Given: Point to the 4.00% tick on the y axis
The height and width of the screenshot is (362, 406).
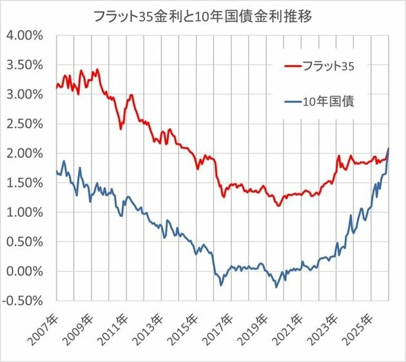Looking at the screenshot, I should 24,35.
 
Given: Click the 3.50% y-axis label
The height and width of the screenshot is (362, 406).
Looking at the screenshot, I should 24,64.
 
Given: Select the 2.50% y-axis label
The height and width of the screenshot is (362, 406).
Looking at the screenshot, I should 24,124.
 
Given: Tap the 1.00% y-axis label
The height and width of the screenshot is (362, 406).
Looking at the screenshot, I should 24,212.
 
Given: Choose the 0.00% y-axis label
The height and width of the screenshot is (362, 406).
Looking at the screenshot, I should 24,271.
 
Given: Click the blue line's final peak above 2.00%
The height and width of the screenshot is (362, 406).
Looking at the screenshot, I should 389,149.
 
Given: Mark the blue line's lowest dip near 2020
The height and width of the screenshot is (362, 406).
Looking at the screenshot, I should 276,287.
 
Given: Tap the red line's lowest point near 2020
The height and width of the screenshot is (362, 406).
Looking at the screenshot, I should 278,205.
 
